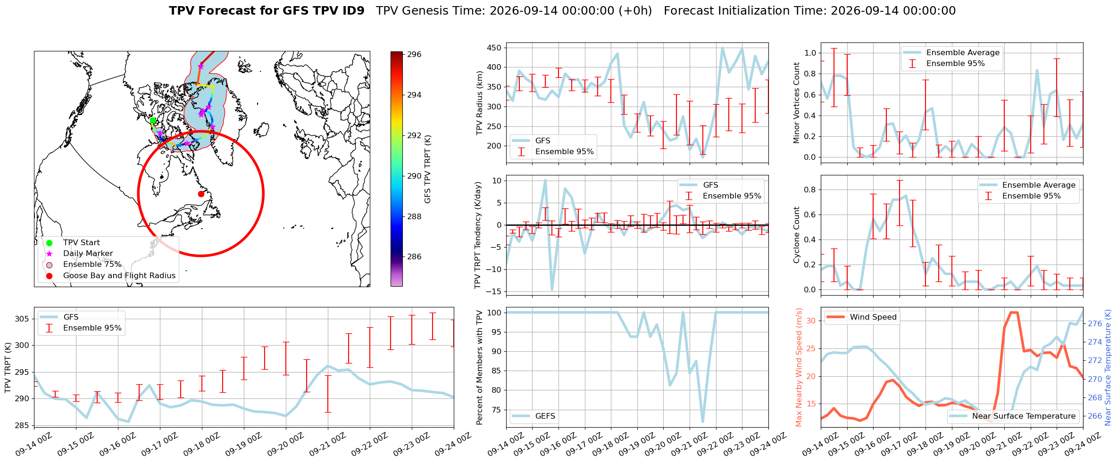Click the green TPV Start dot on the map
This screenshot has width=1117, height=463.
point(153,121)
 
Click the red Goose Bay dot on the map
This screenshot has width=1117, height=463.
point(201,194)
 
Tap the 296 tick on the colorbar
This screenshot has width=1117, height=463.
point(414,54)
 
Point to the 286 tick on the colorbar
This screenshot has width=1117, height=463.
point(414,256)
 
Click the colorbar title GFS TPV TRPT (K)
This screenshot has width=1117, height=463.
point(428,169)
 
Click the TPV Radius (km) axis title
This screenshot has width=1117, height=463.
point(480,103)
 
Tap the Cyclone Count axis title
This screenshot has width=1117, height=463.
point(797,235)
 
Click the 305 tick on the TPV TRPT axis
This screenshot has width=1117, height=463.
point(22,319)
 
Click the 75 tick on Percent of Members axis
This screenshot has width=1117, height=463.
point(496,410)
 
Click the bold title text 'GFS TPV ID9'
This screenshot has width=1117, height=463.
point(267,11)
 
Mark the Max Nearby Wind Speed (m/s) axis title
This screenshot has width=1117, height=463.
point(799,367)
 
